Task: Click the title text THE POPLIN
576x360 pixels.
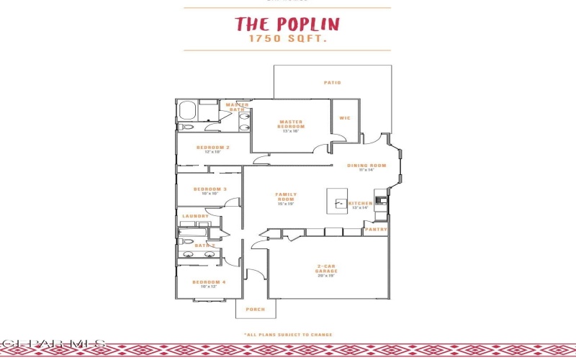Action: pyautogui.click(x=287, y=24)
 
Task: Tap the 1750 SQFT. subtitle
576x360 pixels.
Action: pyautogui.click(x=287, y=41)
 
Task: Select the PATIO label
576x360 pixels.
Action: pyautogui.click(x=332, y=83)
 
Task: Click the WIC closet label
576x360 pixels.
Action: pyautogui.click(x=345, y=118)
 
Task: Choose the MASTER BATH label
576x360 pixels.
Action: pyautogui.click(x=237, y=107)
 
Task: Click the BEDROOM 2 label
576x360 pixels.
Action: pyautogui.click(x=212, y=148)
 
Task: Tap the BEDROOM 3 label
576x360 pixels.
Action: pyautogui.click(x=210, y=189)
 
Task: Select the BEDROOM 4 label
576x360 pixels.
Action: pyautogui.click(x=209, y=282)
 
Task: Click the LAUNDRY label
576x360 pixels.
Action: pyautogui.click(x=196, y=216)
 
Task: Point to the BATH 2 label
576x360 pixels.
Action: pyautogui.click(x=205, y=246)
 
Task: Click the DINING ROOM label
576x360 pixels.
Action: pyautogui.click(x=366, y=166)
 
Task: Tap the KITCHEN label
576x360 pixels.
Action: pyautogui.click(x=361, y=204)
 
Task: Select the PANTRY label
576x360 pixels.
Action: pyautogui.click(x=376, y=230)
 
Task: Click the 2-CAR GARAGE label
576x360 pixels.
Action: pyautogui.click(x=326, y=269)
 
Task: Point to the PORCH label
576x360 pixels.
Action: pyautogui.click(x=255, y=310)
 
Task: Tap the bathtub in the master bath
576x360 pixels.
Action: pyautogui.click(x=188, y=112)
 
